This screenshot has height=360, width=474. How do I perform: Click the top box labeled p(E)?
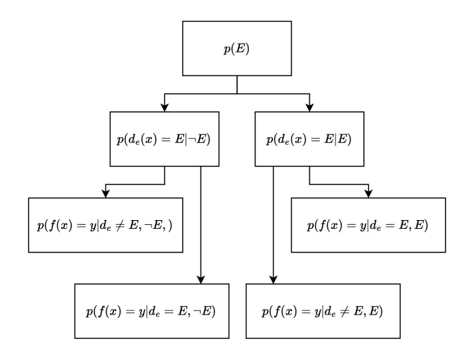coord(236,48)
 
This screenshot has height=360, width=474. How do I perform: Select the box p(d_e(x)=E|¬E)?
coord(165,139)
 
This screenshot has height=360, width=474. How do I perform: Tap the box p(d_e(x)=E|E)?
coord(310,139)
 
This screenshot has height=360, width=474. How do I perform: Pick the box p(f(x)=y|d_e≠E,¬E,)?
coord(106,225)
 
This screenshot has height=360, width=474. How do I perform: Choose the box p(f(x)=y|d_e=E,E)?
coord(368,225)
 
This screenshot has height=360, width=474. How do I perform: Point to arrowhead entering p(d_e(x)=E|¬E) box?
coord(165,107)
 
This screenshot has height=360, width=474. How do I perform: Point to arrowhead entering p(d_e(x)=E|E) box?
coord(310,107)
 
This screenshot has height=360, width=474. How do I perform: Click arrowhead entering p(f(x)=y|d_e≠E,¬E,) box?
coord(106,193)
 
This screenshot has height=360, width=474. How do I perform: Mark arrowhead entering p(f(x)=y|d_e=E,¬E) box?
coord(201,280)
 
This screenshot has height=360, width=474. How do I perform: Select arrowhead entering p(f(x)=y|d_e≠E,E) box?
coord(273,280)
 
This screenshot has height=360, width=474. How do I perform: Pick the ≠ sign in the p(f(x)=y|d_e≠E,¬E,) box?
coord(125,226)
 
